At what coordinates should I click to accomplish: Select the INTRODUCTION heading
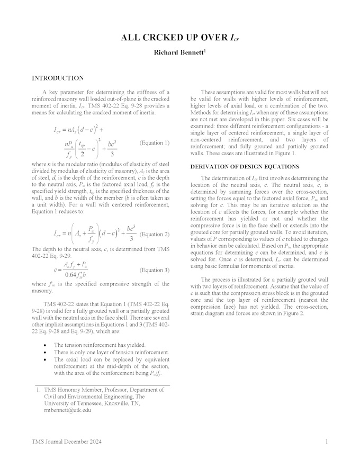58,78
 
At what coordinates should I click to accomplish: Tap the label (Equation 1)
155,143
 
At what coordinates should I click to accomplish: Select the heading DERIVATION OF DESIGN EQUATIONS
245,167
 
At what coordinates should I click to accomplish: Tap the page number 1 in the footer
327,442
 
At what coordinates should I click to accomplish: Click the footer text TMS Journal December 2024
67,442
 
